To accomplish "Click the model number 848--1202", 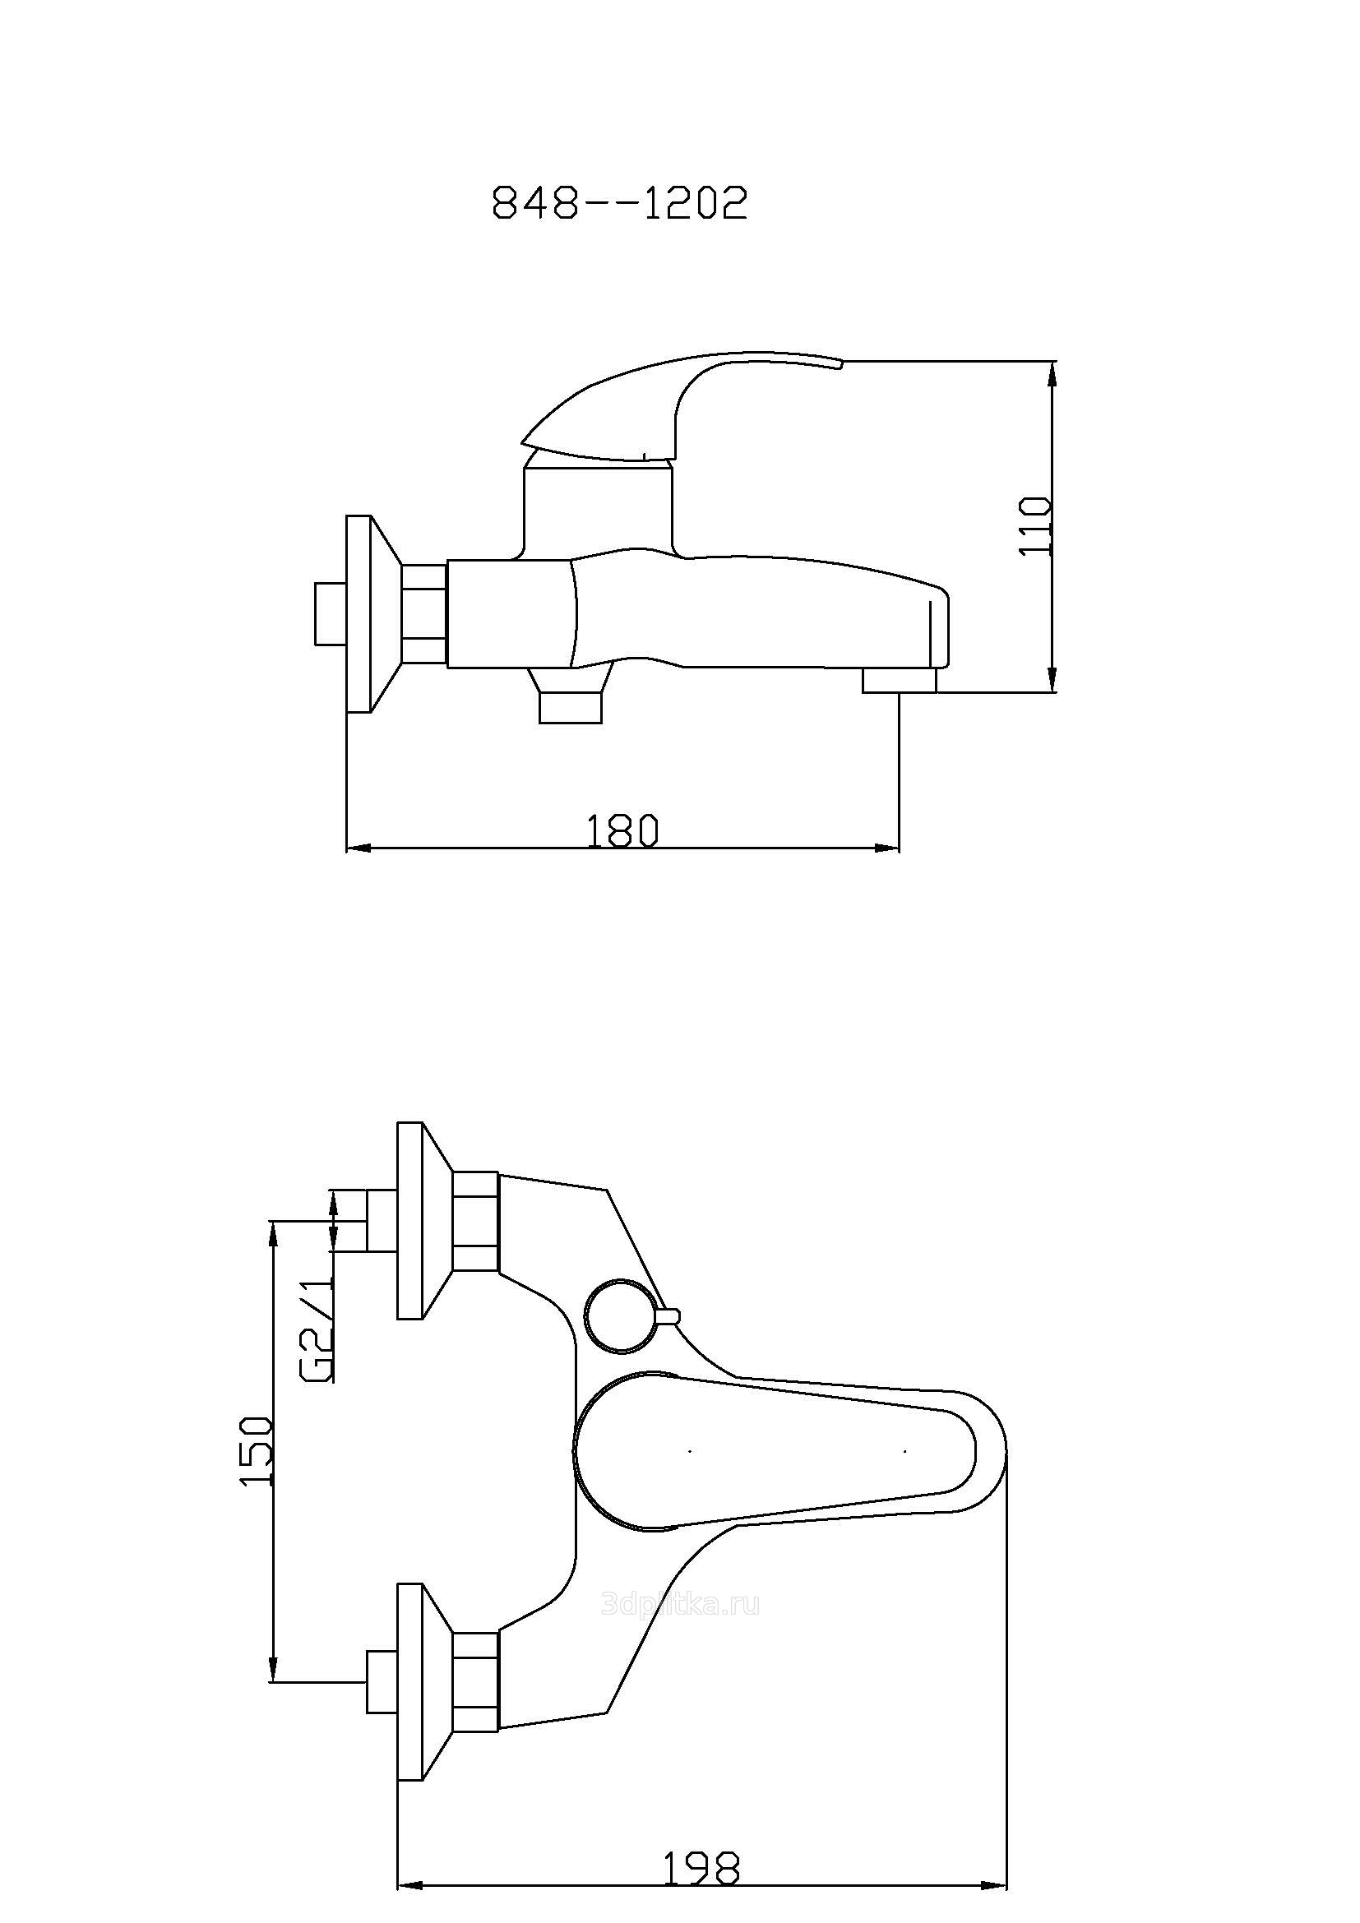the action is [620, 203].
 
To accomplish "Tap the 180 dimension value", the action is [622, 831].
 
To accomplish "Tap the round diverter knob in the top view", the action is [621, 1315].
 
